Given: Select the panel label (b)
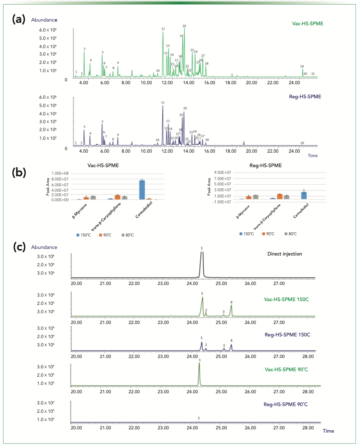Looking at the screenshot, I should tap(19, 171).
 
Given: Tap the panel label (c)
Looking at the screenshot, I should tap(19, 247).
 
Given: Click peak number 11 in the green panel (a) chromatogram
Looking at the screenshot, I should tap(163, 29).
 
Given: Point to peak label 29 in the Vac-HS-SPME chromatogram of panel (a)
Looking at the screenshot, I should tap(302, 66).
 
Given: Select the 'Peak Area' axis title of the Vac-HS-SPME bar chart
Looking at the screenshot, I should tap(48, 190).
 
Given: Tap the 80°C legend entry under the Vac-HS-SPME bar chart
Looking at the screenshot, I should tap(126, 235).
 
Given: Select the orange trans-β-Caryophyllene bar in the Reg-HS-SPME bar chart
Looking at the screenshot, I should tap(279, 196).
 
